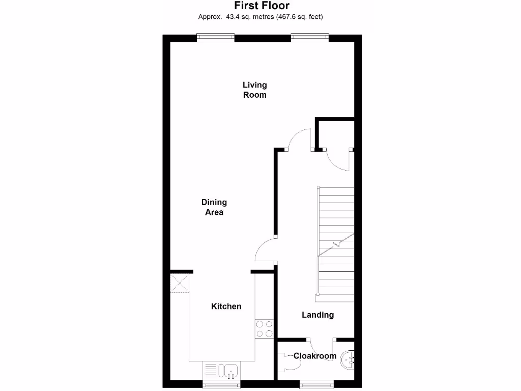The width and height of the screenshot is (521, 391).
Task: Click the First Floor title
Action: pyautogui.click(x=262, y=6)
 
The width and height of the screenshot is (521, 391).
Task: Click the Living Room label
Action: pyautogui.click(x=254, y=90)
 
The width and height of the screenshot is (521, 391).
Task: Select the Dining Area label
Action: pyautogui.click(x=214, y=207)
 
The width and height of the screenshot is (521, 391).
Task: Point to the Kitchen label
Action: pyautogui.click(x=226, y=306)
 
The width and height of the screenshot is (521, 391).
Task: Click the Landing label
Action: pyautogui.click(x=317, y=315)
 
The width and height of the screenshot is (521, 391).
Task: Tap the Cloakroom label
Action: pyautogui.click(x=315, y=356)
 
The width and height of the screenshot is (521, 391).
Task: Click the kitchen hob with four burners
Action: pyautogui.click(x=264, y=329)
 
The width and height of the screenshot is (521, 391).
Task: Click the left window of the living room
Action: pyautogui.click(x=216, y=37)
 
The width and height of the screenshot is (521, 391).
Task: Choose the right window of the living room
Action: pyautogui.click(x=309, y=37)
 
